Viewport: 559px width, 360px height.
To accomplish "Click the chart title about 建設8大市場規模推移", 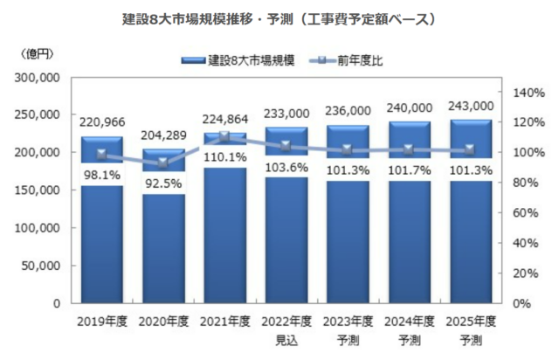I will tap(279, 17).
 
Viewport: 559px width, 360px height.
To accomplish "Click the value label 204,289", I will tap(163, 135).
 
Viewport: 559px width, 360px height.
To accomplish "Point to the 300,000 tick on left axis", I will tap(37, 77).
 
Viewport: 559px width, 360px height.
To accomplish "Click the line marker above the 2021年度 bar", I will tap(224, 136).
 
